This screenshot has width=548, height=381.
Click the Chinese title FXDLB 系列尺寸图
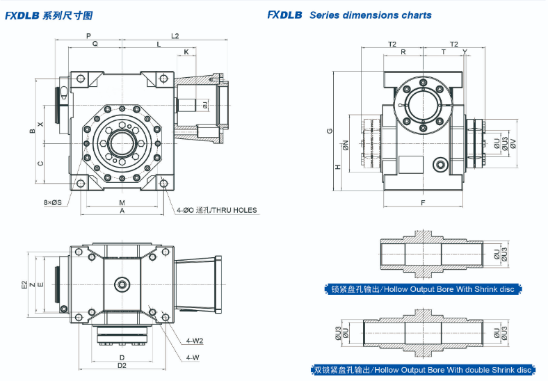coord(48,15)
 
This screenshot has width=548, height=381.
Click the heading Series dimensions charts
coord(370,15)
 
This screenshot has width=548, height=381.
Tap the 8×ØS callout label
coord(52,202)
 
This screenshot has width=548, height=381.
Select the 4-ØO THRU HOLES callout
coord(216,209)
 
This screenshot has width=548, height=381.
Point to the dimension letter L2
coord(175,35)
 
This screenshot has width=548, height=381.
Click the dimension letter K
coord(186,52)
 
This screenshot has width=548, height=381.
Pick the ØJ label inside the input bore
coord(205,104)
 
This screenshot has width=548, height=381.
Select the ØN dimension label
coord(346,145)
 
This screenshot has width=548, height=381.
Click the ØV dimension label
coord(513,143)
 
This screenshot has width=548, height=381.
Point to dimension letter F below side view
coord(423,202)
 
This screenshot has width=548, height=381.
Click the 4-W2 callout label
coord(194,341)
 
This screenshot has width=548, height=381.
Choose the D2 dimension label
coord(121,364)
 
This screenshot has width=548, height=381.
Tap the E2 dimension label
coord(24,284)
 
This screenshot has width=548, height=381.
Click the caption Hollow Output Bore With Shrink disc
coord(424,289)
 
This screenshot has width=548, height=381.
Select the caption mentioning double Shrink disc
coord(422,371)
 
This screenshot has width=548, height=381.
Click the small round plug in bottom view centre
coord(122,284)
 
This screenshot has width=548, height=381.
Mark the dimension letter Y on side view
coord(464,52)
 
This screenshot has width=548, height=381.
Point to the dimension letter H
coord(338,167)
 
